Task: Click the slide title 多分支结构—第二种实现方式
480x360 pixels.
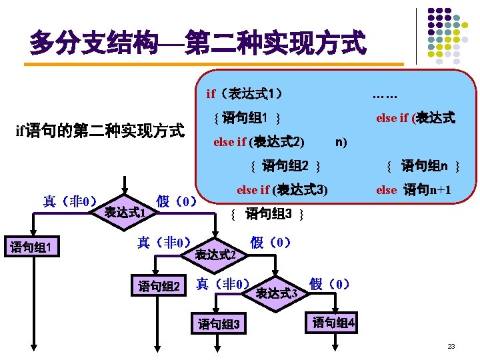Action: pos(197,44)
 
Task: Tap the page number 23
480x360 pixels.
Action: pos(451,347)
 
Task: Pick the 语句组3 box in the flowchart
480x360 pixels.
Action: pos(219,325)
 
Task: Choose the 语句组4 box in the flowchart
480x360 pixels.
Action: pos(334,323)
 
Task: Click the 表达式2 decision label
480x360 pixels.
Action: pos(216,254)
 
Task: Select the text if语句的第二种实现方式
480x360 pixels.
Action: pos(99,131)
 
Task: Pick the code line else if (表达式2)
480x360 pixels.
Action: pos(259,141)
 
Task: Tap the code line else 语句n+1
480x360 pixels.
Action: pos(415,190)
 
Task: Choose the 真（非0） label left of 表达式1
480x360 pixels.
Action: pos(71,201)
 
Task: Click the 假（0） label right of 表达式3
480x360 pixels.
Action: pos(330,284)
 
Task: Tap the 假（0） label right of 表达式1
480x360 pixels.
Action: pos(176,201)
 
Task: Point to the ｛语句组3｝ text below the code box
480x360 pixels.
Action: pos(267,214)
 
